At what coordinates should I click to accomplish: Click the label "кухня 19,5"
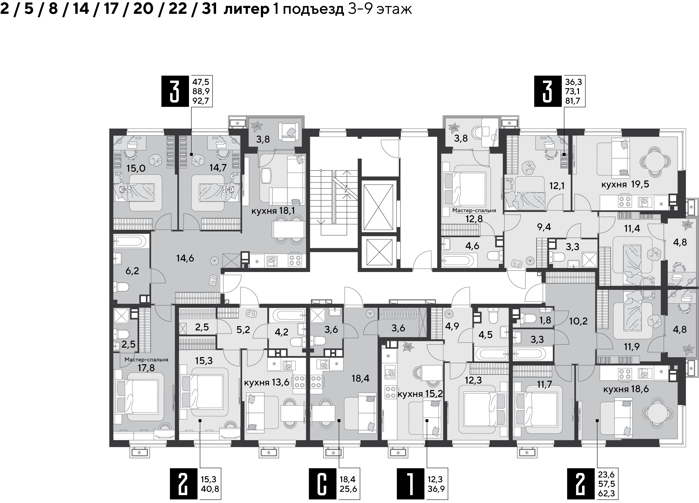coord(625,185)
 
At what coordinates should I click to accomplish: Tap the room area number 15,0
coord(136,168)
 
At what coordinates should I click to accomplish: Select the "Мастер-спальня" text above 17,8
coord(146,359)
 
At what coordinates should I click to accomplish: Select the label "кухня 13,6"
coord(267,383)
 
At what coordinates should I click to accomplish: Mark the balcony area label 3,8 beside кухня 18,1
coord(263,139)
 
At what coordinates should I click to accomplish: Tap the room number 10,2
coord(578,321)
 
